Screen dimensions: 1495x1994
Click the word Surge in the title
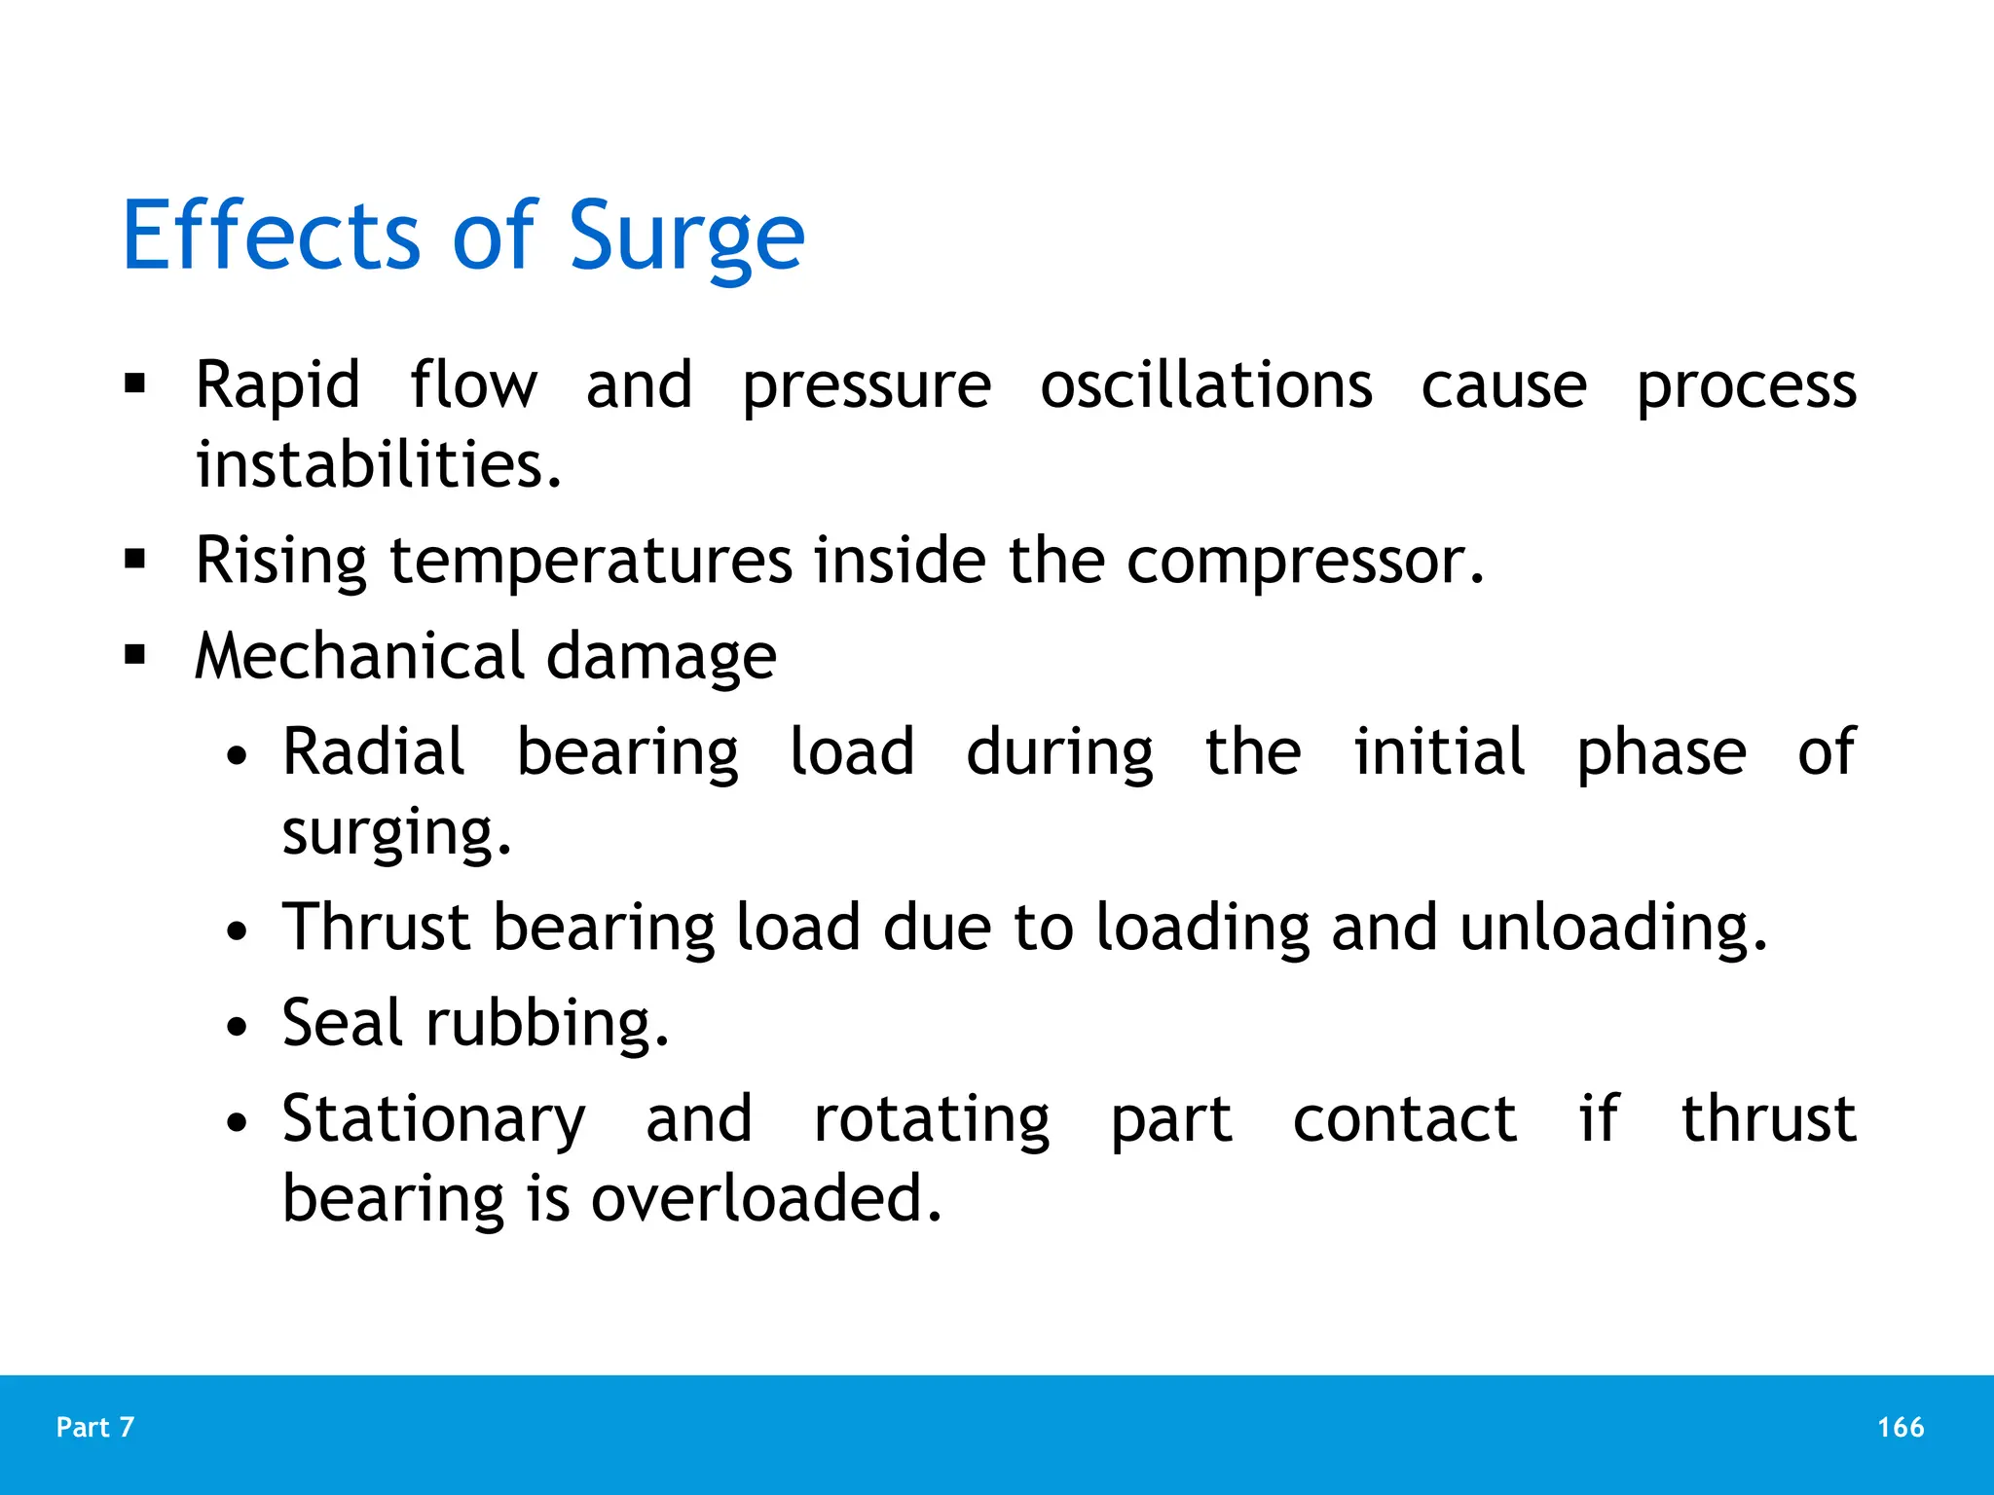[x=686, y=237]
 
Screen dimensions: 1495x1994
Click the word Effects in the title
[x=272, y=237]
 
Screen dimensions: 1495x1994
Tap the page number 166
[x=1900, y=1427]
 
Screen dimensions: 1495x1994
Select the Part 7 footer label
[x=95, y=1427]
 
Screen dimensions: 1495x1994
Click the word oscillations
[x=1205, y=385]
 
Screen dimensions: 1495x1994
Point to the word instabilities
[x=378, y=464]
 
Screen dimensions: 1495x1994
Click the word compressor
[x=1304, y=561]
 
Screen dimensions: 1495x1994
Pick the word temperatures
[x=591, y=563]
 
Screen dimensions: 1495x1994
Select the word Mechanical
[x=360, y=656]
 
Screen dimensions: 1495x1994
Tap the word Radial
[x=374, y=752]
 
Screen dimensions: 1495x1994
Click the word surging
[x=395, y=833]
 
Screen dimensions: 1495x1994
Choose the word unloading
[x=1612, y=928]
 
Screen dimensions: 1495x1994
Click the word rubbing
[x=547, y=1024]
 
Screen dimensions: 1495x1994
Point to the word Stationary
[x=434, y=1120]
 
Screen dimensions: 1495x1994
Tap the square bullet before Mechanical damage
[x=135, y=655]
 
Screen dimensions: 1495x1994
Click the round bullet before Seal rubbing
[x=237, y=1028]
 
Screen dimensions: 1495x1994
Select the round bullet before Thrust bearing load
[x=237, y=931]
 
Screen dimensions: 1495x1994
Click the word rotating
[x=932, y=1120]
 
